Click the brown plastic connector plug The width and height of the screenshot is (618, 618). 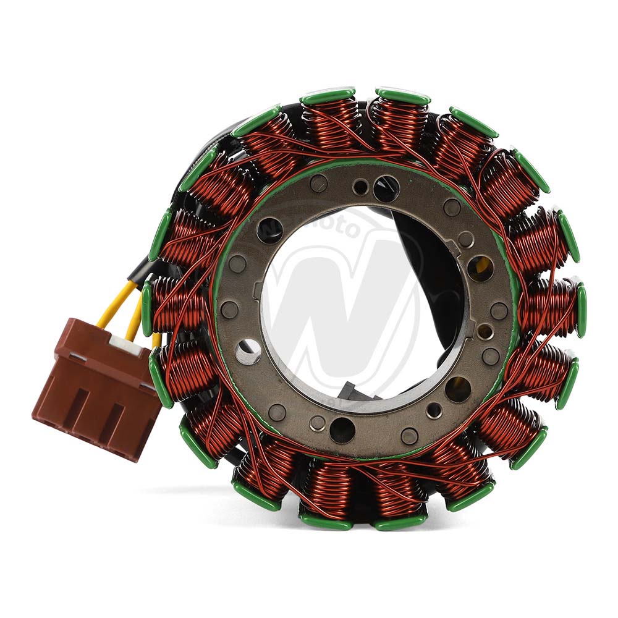coord(96,396)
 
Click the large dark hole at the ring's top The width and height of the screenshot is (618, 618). coord(386,188)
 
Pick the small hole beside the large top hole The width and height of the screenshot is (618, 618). coord(360,186)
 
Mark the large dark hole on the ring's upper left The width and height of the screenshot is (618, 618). coord(270,231)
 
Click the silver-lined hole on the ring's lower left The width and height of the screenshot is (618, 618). coord(248,351)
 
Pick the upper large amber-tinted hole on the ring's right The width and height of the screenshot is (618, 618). coord(480,268)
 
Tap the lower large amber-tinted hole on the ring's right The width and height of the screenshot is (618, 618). coord(458,389)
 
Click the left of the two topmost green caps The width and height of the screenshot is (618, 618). coord(328,96)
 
